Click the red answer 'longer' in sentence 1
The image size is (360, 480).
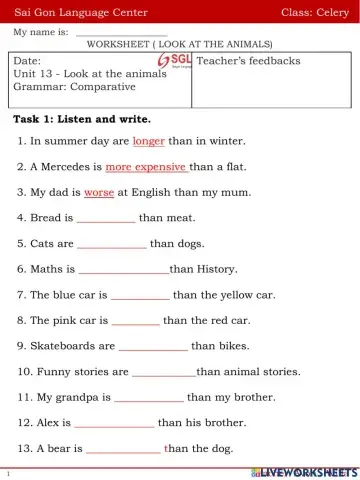click(x=148, y=142)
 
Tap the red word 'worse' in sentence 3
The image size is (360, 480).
click(x=99, y=192)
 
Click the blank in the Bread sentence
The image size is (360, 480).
click(x=106, y=218)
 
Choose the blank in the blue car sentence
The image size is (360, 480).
click(x=140, y=295)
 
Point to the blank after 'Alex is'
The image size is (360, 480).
click(x=114, y=423)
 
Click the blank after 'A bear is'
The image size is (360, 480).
click(x=123, y=449)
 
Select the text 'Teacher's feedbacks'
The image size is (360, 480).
click(x=248, y=61)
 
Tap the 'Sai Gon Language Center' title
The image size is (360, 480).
click(x=80, y=12)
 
